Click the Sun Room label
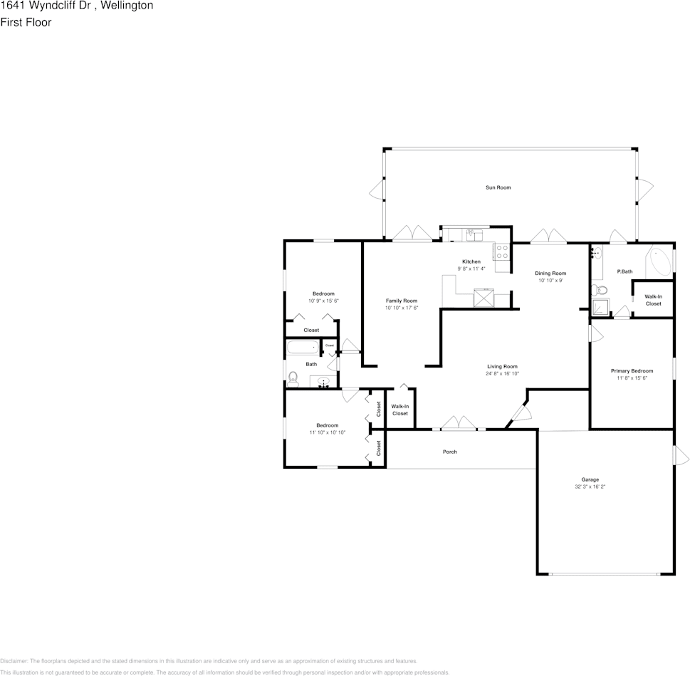(498, 187)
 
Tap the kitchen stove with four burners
(501, 251)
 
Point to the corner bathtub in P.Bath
(659, 263)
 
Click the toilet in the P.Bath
(599, 289)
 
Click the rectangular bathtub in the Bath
(302, 348)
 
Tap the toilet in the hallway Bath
(293, 377)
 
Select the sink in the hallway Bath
(323, 382)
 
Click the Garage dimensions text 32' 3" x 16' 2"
(590, 487)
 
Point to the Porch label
(449, 452)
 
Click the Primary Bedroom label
(632, 370)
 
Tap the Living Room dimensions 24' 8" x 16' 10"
(502, 373)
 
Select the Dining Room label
(550, 273)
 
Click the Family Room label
(402, 301)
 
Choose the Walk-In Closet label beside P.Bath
(653, 300)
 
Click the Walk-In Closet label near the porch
(399, 410)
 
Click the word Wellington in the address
(126, 6)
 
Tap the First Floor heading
(26, 22)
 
